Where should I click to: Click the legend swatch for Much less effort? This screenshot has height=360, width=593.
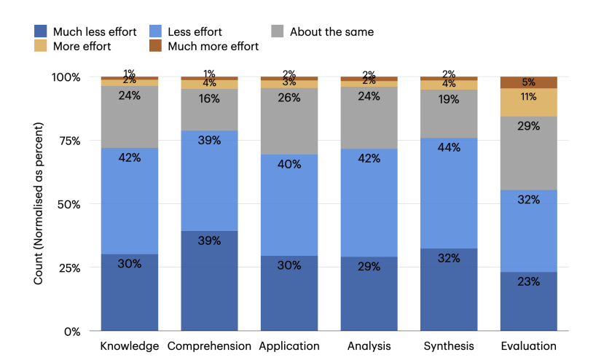[40, 32]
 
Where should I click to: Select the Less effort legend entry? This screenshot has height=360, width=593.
[195, 32]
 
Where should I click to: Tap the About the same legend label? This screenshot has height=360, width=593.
[331, 32]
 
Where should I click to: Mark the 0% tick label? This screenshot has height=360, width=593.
[71, 332]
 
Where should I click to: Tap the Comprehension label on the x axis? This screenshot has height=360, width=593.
[209, 346]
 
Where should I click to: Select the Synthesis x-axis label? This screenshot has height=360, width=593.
[449, 346]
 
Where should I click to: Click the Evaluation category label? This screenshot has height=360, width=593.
[529, 346]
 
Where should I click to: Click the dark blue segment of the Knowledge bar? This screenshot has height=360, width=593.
[130, 291]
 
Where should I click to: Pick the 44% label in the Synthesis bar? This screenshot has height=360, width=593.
[449, 148]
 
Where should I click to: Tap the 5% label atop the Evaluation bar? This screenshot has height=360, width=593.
[529, 82]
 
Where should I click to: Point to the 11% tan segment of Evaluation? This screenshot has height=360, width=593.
[529, 102]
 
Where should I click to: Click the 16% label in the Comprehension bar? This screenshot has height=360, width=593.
[209, 98]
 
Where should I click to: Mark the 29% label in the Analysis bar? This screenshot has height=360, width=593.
[369, 267]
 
